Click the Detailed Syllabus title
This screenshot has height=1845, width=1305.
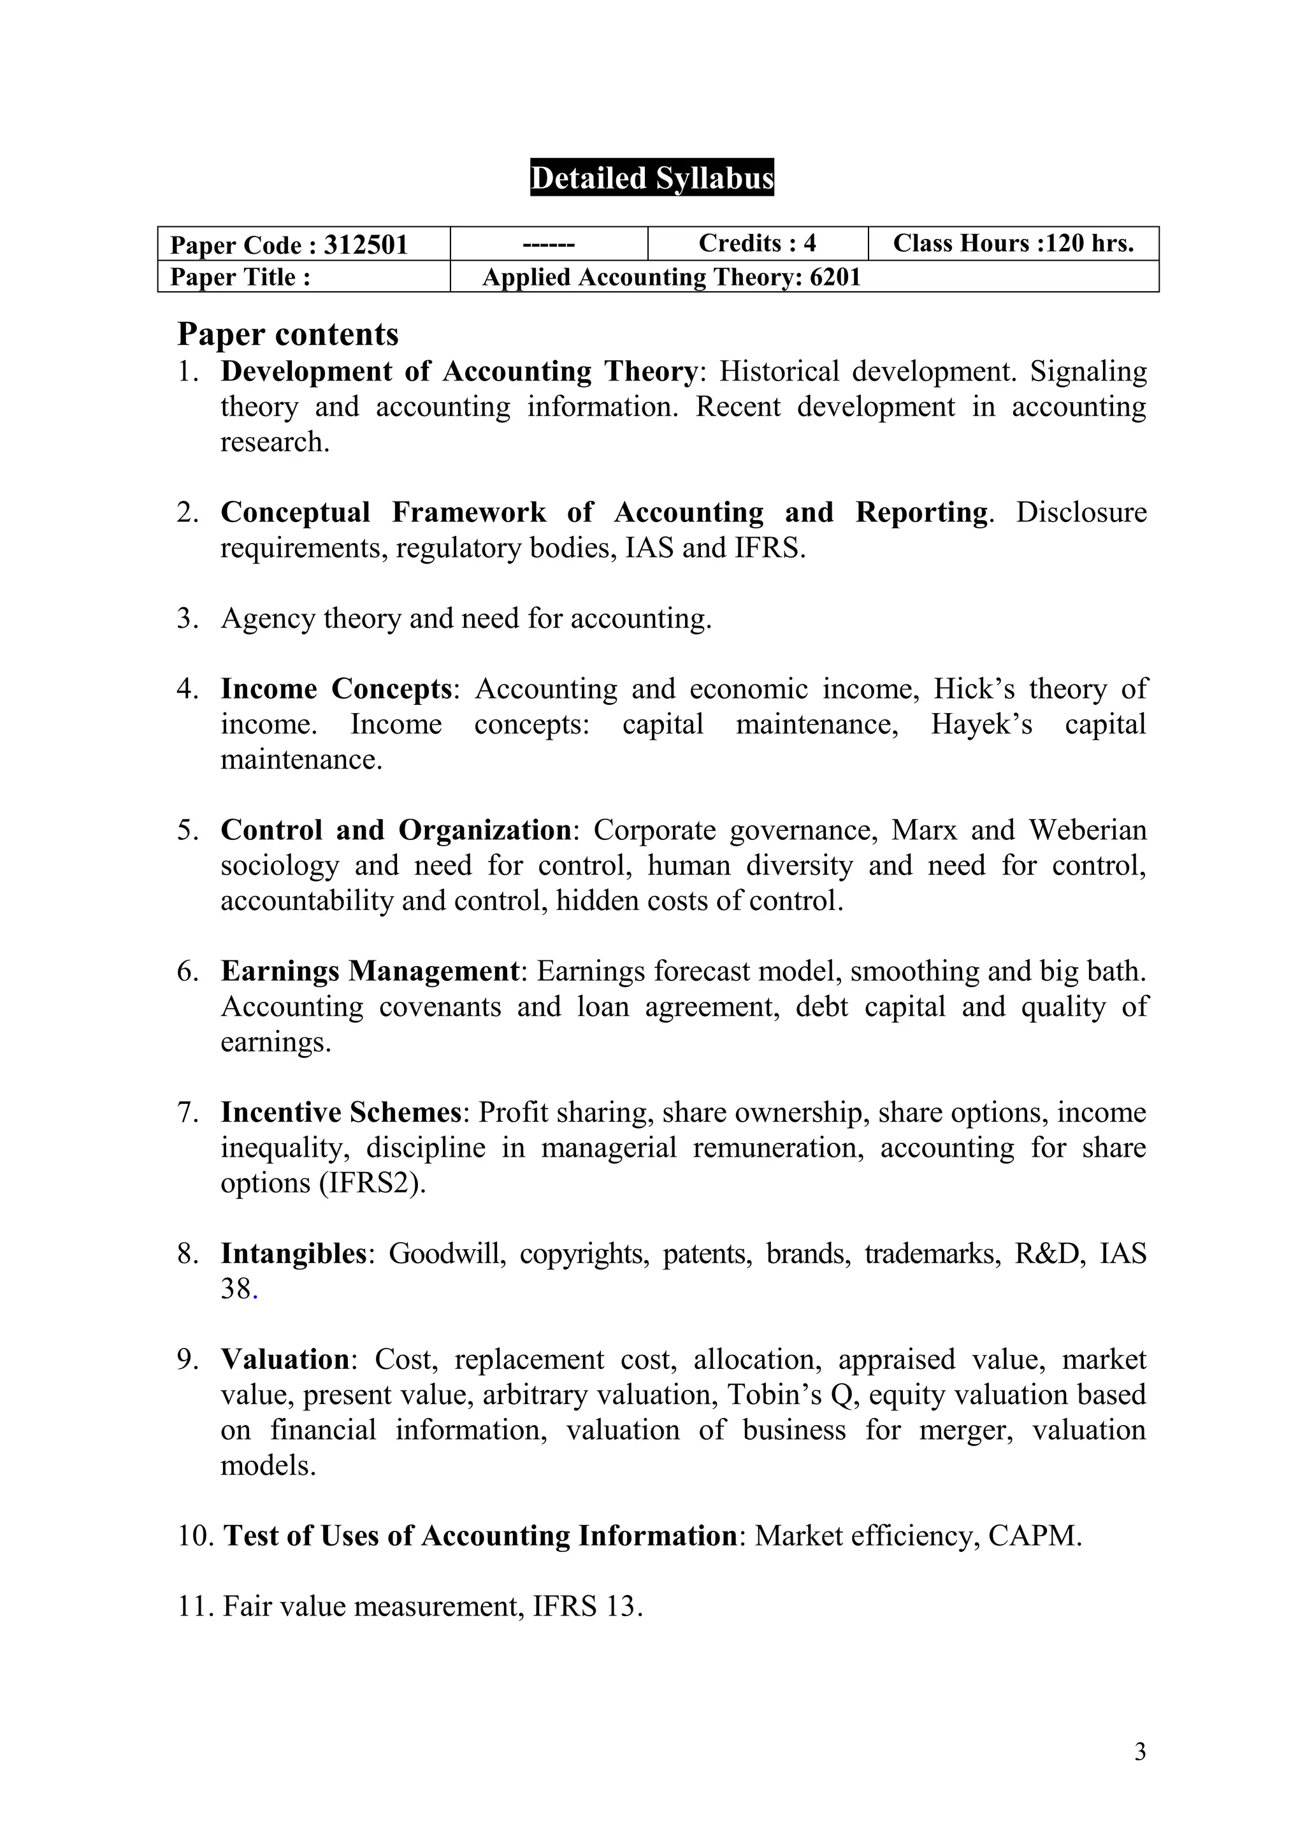(x=652, y=178)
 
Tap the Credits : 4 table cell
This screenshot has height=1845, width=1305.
(x=757, y=243)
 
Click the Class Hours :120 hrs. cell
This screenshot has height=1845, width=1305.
(x=1013, y=243)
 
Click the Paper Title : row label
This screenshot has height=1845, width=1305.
(x=240, y=277)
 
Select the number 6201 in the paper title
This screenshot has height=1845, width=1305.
(x=835, y=277)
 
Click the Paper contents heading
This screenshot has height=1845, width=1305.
(x=287, y=335)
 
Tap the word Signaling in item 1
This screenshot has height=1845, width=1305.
(x=1088, y=372)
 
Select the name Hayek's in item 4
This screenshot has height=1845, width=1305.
(x=981, y=724)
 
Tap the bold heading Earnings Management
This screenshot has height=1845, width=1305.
(x=370, y=971)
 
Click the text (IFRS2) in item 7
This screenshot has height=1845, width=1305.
(x=372, y=1183)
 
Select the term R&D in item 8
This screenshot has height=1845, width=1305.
(x=1046, y=1254)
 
